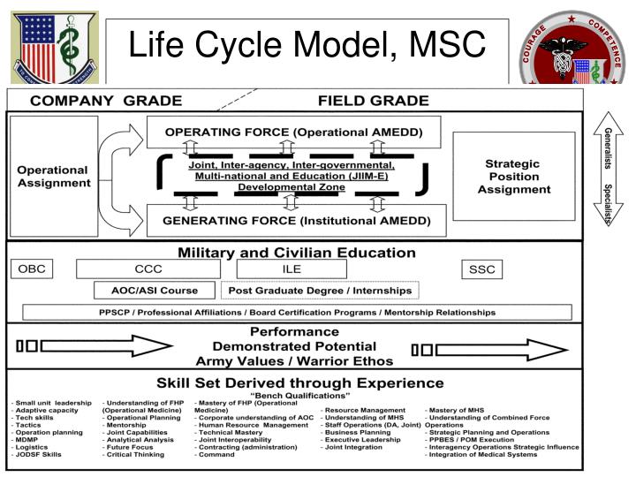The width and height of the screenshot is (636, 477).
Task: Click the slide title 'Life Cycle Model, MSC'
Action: point(307,44)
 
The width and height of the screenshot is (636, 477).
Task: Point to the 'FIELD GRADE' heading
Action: point(374,101)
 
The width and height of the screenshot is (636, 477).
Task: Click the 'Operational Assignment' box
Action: point(53,177)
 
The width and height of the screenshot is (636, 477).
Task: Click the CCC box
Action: point(148,269)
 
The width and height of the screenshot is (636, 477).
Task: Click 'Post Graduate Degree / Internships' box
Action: point(320,290)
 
